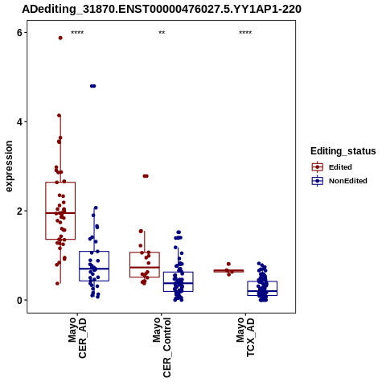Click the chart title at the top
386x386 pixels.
click(x=162, y=10)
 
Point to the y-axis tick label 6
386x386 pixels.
click(x=19, y=32)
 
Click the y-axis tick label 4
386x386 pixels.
click(x=19, y=121)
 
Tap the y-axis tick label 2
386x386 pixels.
click(x=19, y=211)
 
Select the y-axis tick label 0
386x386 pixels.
click(x=19, y=300)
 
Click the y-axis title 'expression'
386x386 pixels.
click(x=9, y=166)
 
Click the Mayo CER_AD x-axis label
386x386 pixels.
click(x=77, y=338)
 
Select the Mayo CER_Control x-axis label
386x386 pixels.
click(x=162, y=347)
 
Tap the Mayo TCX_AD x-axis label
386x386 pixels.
click(x=245, y=337)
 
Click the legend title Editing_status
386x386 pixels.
click(x=343, y=151)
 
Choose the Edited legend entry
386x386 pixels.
click(x=332, y=167)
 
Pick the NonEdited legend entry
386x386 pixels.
click(x=339, y=181)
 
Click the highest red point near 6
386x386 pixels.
click(x=60, y=38)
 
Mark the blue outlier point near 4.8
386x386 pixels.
click(x=93, y=86)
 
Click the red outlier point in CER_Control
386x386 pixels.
click(x=146, y=176)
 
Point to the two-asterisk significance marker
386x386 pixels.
click(x=162, y=33)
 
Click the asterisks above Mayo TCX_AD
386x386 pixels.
click(x=245, y=33)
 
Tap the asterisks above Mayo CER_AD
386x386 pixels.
click(x=77, y=33)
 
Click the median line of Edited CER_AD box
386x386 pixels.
click(x=60, y=213)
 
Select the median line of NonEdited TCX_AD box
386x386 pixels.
click(x=262, y=291)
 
